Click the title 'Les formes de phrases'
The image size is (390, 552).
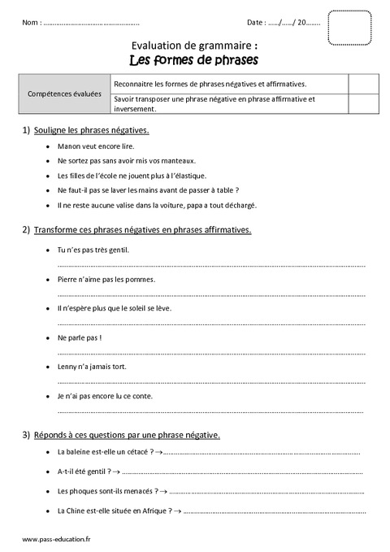[195, 59]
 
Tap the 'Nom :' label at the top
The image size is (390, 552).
[32, 22]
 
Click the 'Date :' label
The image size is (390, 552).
[256, 22]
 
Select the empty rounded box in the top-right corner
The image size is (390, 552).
[352, 28]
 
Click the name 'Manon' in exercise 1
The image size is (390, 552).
[69, 146]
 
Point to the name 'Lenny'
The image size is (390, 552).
[68, 367]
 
